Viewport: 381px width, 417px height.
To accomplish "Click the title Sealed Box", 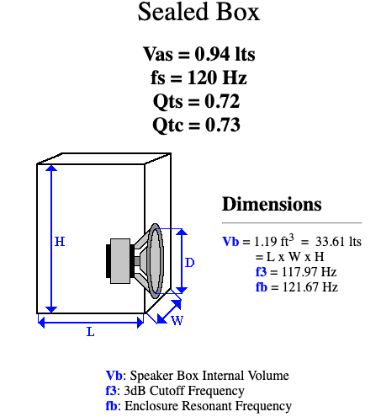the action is (198, 12).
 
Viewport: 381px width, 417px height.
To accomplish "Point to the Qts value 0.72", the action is (222, 101).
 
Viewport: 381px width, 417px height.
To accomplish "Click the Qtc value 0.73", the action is (223, 125).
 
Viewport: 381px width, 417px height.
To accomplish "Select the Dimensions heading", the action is (272, 204).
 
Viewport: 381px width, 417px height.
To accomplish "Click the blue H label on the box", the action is (60, 242).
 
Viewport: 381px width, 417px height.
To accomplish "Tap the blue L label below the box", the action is (91, 332).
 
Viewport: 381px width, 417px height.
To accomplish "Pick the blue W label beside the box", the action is (177, 320).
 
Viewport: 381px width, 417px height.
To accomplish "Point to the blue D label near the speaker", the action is (190, 263).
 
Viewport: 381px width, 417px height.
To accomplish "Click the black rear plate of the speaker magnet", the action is (108, 261).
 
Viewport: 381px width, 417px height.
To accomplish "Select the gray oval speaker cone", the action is (155, 261).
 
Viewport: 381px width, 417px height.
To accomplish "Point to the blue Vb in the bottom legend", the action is (114, 376).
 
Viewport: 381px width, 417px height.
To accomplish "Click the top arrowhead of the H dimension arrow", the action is (51, 168).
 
